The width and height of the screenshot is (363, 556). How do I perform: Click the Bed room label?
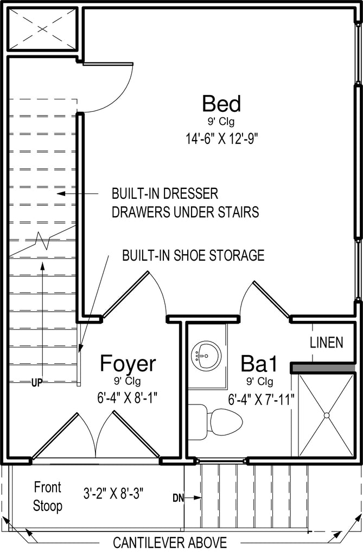tap(221, 104)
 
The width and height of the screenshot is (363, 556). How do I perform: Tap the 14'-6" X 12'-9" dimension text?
tap(221, 138)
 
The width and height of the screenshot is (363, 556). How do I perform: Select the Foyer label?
tap(128, 363)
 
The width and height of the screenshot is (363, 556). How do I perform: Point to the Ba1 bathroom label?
tap(259, 363)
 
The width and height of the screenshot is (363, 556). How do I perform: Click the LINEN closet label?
tap(327, 343)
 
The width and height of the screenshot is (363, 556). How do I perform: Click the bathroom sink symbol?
tap(206, 355)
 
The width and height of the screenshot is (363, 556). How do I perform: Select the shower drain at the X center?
tap(326, 415)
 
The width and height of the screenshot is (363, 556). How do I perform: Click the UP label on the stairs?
tap(37, 382)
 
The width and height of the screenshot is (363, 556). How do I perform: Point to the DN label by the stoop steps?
tap(179, 498)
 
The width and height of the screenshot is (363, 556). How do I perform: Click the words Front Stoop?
tap(48, 496)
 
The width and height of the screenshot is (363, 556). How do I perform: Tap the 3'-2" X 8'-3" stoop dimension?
tap(113, 493)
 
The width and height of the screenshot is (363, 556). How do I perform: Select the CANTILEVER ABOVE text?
tap(170, 542)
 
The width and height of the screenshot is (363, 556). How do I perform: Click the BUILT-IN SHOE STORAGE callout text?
tap(193, 255)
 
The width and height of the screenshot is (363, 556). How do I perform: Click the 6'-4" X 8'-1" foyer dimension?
tap(127, 399)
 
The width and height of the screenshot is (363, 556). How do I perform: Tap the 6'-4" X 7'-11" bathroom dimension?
tap(262, 400)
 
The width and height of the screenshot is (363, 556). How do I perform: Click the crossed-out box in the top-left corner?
tap(42, 29)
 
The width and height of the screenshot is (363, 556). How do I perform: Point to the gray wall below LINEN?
tap(323, 368)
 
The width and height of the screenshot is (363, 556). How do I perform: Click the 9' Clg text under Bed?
tap(221, 122)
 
